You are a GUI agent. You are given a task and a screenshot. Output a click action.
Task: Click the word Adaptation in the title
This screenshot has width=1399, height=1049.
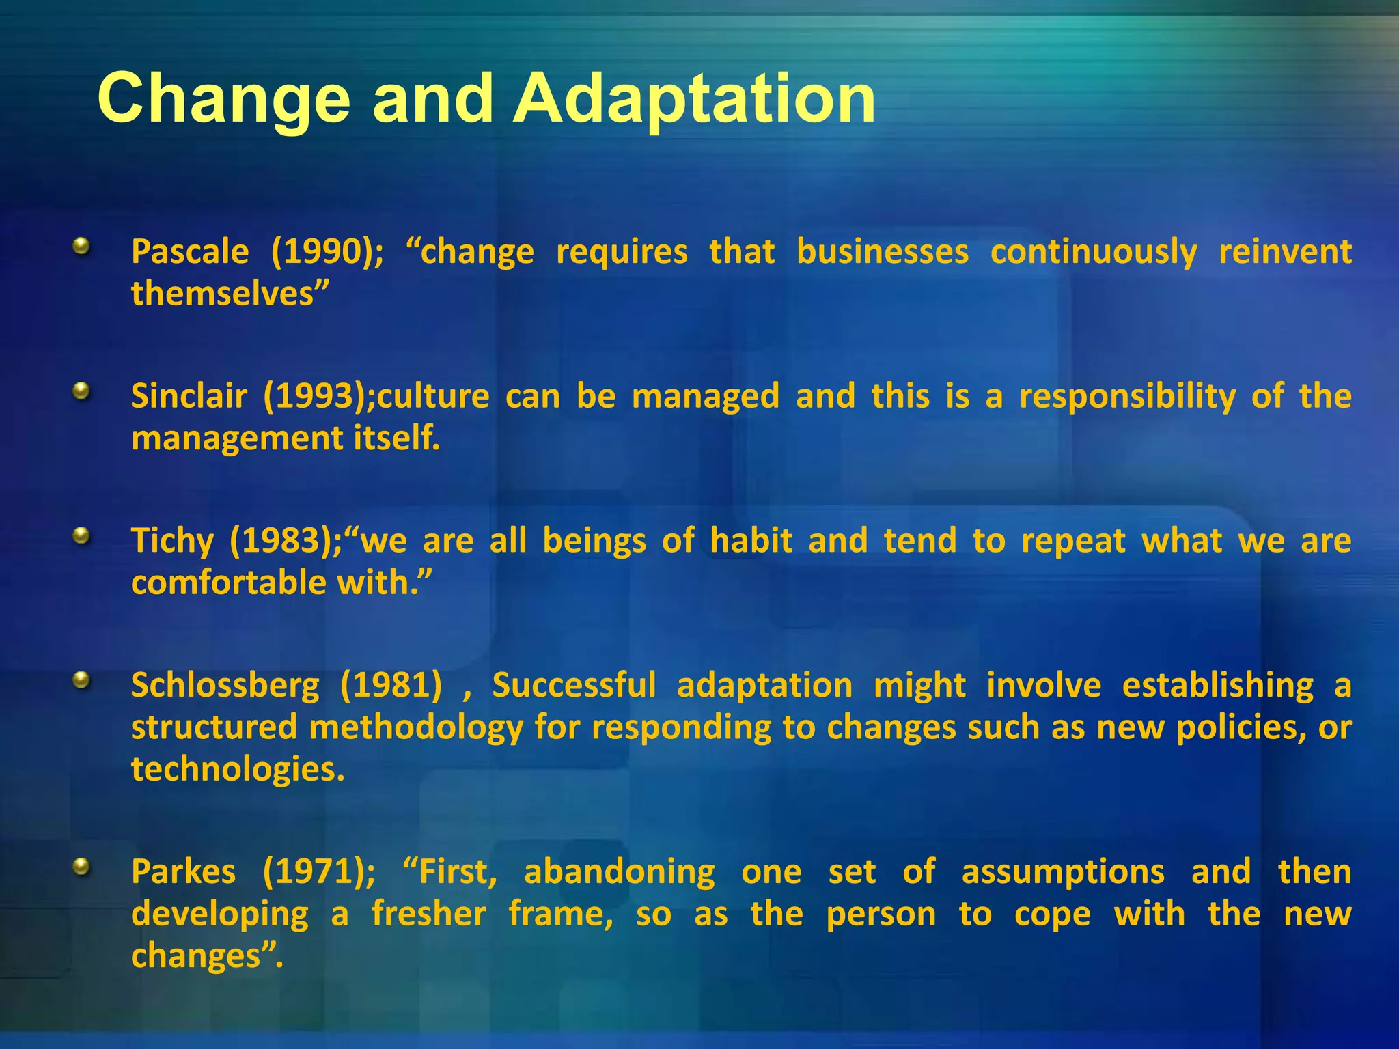[x=694, y=100]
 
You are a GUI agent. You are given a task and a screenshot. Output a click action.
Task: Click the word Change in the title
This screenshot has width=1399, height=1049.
[x=223, y=100]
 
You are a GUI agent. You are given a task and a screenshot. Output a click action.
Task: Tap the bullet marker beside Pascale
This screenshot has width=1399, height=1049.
[x=81, y=246]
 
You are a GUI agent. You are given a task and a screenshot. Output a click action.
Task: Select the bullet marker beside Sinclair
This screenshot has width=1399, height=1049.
[x=81, y=391]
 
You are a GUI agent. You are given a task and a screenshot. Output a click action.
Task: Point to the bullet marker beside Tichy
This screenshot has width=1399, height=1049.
[x=81, y=536]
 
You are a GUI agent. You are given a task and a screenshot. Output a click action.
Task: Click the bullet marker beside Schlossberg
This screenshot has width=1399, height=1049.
[x=81, y=680]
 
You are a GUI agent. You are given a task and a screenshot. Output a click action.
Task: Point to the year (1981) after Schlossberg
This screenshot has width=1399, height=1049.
[x=391, y=685]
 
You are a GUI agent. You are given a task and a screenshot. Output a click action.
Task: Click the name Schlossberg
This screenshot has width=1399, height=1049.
[x=225, y=686]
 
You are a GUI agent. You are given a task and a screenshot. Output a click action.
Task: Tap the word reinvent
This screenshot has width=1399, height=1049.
[x=1285, y=251]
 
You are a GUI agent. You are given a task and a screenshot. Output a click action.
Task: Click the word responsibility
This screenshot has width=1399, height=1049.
[x=1127, y=396]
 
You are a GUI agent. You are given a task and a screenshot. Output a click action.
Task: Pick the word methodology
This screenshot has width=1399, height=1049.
[x=416, y=727]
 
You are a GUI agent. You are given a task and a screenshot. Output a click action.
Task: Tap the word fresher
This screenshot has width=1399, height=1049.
[x=429, y=914]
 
